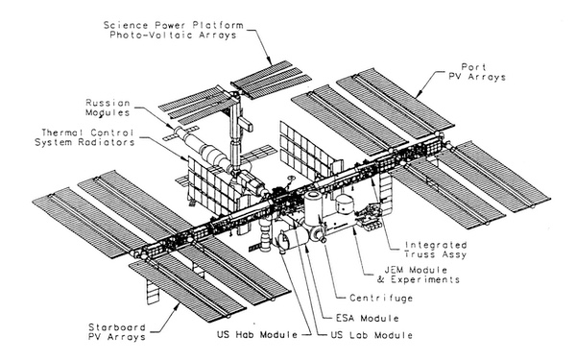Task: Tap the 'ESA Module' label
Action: tap(357, 318)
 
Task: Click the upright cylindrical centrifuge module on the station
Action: tap(315, 204)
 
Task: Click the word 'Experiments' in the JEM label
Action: tap(433, 281)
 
